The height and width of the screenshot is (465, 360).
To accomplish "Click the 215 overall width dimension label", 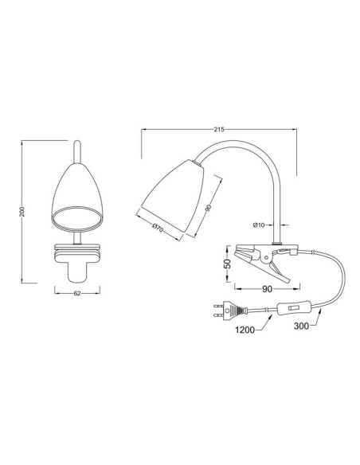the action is coord(219,129).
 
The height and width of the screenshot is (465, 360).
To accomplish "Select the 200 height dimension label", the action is coord(22,211).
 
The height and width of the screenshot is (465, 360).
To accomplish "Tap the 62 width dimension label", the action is coord(77,293).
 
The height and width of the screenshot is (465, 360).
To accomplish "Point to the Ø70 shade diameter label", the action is coord(158,228).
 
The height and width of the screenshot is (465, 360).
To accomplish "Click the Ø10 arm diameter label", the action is coord(259,225).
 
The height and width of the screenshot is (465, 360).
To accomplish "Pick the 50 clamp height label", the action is coord(227,264).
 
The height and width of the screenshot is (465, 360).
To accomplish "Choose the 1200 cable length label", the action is coord(245,330).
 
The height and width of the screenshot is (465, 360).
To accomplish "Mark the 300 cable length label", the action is coord(301,326).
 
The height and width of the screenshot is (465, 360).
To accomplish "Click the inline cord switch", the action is coord(295,308).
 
